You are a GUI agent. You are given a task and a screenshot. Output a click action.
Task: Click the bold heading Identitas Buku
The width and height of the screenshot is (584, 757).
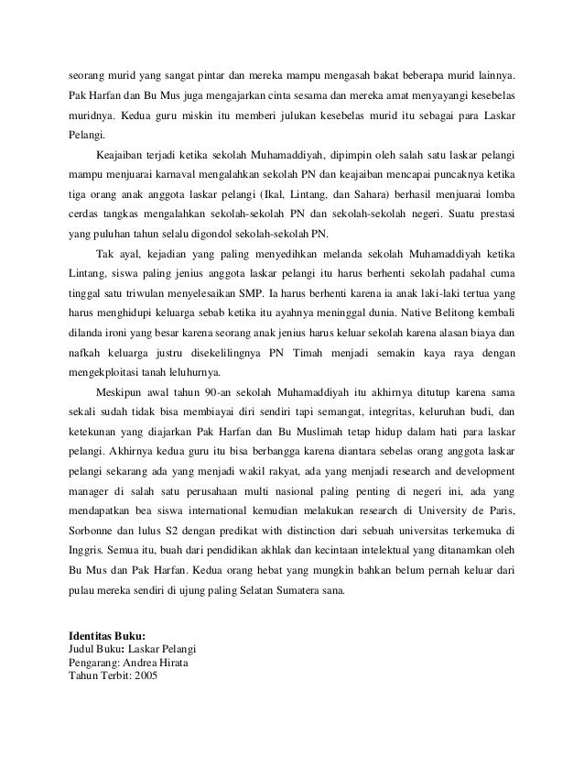(108, 636)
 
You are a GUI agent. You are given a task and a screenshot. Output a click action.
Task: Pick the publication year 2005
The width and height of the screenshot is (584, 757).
(145, 677)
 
